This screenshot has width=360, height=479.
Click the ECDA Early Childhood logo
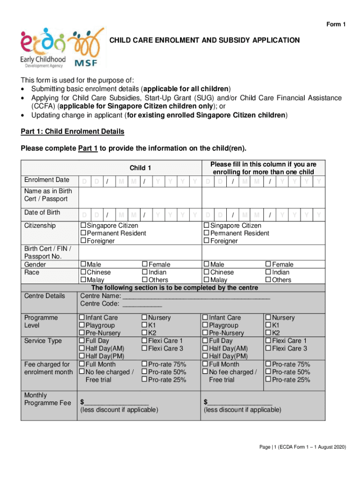(43, 48)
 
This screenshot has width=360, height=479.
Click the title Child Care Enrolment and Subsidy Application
(204, 40)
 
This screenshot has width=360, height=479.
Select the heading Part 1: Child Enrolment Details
(72, 131)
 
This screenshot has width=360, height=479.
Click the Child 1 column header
(140, 167)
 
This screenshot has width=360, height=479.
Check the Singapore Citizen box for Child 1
(84, 226)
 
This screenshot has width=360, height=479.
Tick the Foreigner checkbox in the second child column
(206, 241)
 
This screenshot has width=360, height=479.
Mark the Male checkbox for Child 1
(84, 265)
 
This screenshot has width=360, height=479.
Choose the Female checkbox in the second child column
(268, 265)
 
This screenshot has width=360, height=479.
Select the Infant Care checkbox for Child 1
(82, 318)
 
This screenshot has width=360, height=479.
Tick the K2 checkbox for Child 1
(144, 333)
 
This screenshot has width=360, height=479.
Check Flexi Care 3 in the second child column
(268, 348)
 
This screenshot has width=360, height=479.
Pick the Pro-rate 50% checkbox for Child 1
(144, 372)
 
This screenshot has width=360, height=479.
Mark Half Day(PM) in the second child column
(205, 356)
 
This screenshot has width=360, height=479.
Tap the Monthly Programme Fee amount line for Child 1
(117, 402)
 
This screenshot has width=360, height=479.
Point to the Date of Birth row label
(42, 213)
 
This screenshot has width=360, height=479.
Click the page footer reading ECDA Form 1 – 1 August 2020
(302, 447)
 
